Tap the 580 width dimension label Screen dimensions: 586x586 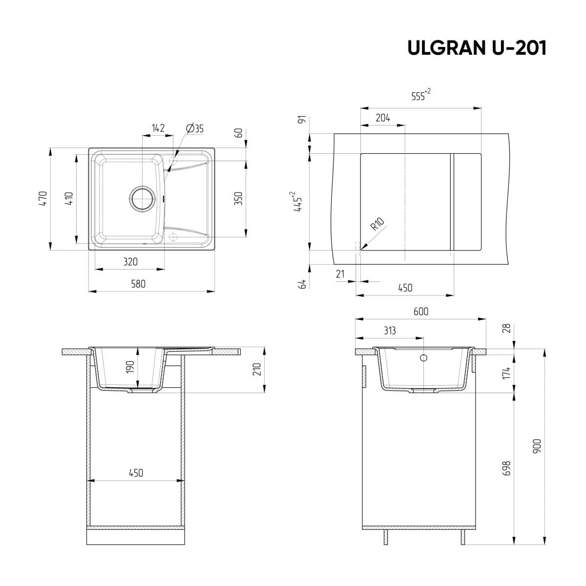coord(138,284)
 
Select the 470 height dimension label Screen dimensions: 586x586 coord(43,199)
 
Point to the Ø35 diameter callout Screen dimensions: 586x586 coord(194,128)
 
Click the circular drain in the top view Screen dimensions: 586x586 coord(142,199)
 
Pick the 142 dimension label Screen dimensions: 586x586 coord(158,128)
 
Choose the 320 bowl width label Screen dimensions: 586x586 coord(130,262)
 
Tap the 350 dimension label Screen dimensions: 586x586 coord(239,199)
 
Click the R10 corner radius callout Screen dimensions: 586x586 coord(377,225)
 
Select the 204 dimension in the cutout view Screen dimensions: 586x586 coord(383,118)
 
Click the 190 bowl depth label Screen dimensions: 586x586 coord(130,367)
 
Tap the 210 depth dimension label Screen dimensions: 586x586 coord(257,369)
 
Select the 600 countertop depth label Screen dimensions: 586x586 coord(420,312)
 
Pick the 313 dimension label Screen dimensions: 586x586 coord(389,331)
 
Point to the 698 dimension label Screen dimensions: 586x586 coord(506,468)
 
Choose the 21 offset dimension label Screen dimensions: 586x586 coord(340,274)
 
